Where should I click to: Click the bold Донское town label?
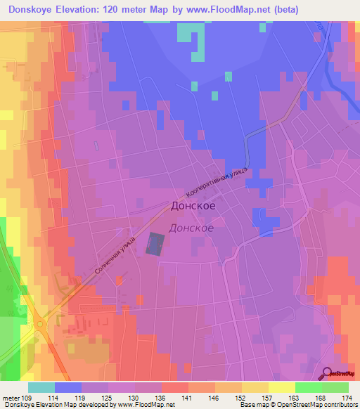tap(193, 207)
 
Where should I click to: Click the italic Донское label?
tap(192, 228)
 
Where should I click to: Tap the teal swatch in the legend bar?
tap(41, 387)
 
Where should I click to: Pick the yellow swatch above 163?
tap(281, 387)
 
